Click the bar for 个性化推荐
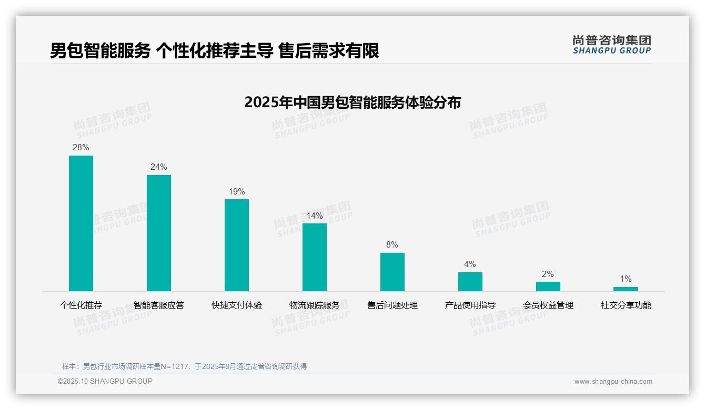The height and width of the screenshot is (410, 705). (81, 223)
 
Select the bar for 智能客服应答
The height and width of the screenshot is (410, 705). (159, 233)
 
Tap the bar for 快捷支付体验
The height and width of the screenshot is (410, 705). (237, 245)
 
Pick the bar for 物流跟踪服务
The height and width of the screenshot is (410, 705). (315, 257)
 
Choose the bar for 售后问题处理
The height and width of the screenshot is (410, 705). (392, 272)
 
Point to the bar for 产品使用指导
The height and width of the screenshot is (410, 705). (470, 281)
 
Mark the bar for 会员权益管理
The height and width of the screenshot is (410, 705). (548, 286)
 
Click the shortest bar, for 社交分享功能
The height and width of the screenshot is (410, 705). (626, 289)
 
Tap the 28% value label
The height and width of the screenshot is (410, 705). (81, 148)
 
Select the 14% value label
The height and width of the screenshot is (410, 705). (315, 216)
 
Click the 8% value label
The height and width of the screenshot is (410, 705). (392, 245)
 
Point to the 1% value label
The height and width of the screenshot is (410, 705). (626, 279)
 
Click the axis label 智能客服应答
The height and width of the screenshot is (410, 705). (159, 305)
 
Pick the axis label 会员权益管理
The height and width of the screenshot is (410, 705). (548, 305)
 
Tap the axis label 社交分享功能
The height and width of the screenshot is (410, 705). (626, 305)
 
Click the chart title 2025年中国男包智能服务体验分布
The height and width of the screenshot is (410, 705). (352, 102)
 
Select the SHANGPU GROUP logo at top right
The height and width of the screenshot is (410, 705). (612, 45)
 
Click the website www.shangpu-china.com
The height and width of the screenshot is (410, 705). (613, 382)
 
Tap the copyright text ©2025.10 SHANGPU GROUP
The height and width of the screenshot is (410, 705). (105, 382)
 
